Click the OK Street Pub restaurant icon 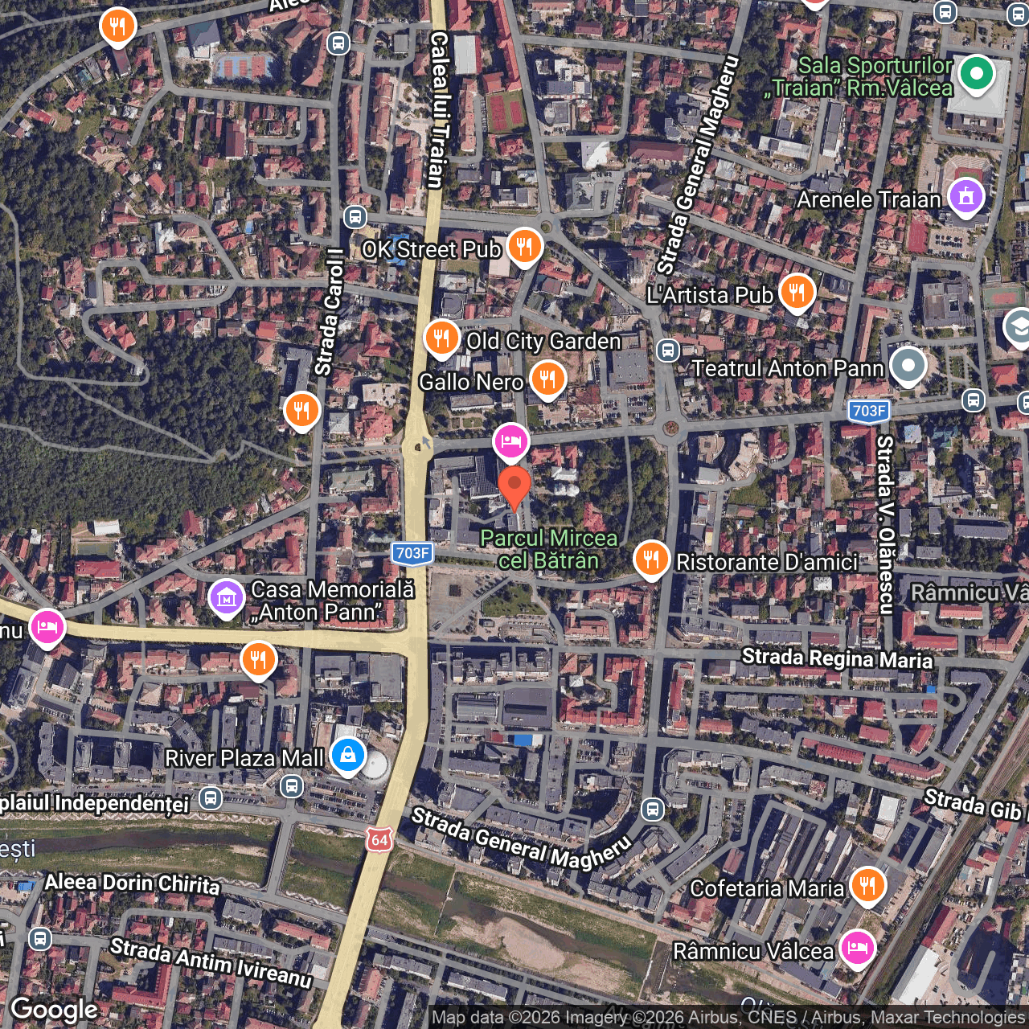tap(524, 246)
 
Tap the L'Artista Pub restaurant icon tap(797, 292)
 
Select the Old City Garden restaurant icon tap(441, 338)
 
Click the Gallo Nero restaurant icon tap(547, 379)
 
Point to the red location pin tap(514, 486)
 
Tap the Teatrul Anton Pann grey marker tap(908, 366)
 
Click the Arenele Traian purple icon tap(965, 196)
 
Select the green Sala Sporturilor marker tap(976, 74)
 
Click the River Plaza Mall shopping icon tap(348, 756)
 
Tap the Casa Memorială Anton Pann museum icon tap(227, 598)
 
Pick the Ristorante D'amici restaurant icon tap(651, 559)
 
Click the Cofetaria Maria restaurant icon tap(867, 885)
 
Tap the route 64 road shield tap(379, 840)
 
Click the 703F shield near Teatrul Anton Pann tap(869, 411)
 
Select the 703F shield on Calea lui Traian tap(412, 553)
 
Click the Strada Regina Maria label tap(837, 658)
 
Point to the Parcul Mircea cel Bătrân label tap(549, 549)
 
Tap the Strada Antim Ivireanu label tap(211, 962)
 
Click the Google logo tap(55, 1009)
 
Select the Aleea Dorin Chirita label tap(132, 883)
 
